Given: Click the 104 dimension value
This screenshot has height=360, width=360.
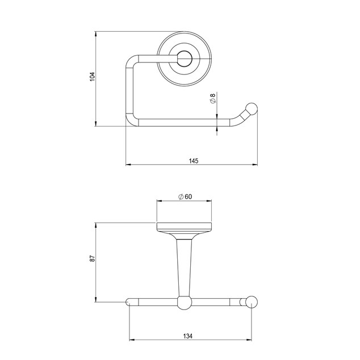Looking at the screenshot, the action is coord(92,77).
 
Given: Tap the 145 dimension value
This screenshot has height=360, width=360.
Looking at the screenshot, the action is coord(194,161).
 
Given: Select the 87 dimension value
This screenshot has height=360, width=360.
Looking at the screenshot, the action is coord(92,258).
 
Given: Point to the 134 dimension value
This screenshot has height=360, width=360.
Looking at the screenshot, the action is coord(188,336).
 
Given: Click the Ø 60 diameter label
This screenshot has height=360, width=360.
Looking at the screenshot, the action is coord(185,197).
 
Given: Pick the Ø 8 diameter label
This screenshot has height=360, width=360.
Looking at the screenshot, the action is coord(213,98).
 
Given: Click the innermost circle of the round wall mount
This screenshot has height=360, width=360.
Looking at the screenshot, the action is coord(184,59).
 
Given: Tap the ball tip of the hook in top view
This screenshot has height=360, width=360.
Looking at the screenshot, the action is coord(252,109).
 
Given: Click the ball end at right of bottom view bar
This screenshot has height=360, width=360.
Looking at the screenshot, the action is coord(252,302).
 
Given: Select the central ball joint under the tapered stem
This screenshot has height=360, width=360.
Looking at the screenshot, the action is coord(184,303).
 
